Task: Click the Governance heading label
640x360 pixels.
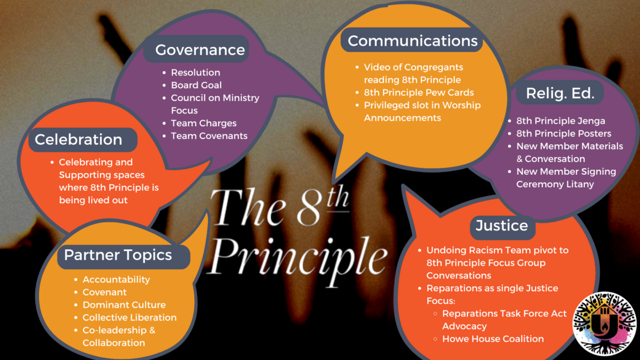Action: point(200,50)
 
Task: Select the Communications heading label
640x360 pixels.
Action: point(412,41)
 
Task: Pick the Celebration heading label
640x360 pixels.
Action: point(78,139)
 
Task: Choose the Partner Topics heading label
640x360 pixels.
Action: point(118,255)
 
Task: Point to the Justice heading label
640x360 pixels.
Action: point(502,225)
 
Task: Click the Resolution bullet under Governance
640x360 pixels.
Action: point(195,72)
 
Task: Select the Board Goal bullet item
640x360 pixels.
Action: point(196,85)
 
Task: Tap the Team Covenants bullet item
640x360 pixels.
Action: point(209,136)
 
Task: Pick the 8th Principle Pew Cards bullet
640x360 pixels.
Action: point(419,92)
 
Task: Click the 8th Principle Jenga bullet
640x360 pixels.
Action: point(561,121)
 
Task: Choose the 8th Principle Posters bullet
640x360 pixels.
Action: point(564,133)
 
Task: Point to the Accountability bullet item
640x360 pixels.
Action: point(116,280)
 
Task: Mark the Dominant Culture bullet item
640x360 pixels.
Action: point(124,305)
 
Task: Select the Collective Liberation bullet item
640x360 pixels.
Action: point(130,318)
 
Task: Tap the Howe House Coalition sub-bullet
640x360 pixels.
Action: point(493,338)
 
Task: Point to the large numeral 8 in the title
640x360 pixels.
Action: point(307,209)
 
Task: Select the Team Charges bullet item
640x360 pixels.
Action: point(204,123)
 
